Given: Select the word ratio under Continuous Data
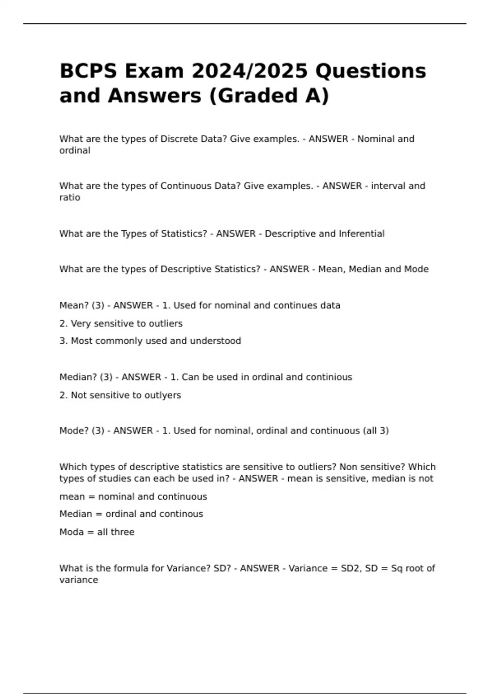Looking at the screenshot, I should click(70, 198).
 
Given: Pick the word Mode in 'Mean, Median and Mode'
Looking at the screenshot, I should click(416, 269).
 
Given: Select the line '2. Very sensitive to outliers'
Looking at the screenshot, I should click(121, 323).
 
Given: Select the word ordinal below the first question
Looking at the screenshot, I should click(75, 151).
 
